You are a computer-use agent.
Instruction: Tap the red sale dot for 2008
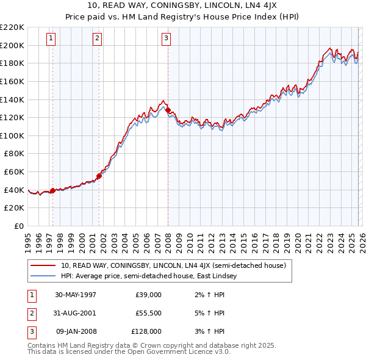pyautogui.click(x=168, y=110)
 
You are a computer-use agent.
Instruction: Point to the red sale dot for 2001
pyautogui.click(x=99, y=176)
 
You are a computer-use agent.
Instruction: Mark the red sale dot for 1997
pyautogui.click(x=52, y=190)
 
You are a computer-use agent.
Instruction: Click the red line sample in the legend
pyautogui.click(x=43, y=265)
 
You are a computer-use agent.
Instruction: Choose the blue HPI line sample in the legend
pyautogui.click(x=43, y=276)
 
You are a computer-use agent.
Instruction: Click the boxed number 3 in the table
pyautogui.click(x=30, y=332)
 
